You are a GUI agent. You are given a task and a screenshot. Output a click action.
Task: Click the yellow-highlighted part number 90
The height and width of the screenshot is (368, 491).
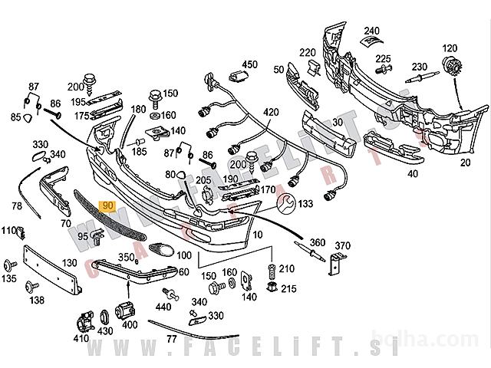click(x=107, y=205)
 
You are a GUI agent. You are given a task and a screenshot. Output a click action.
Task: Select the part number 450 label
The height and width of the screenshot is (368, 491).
click(x=251, y=64)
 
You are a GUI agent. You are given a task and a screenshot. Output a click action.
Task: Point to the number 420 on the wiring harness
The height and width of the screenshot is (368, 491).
click(x=272, y=112)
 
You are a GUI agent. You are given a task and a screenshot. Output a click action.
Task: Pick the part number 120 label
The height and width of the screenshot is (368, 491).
click(x=450, y=48)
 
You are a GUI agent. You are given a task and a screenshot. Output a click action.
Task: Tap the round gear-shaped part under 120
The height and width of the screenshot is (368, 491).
click(x=450, y=67)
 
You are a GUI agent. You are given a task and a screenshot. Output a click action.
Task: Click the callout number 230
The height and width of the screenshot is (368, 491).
click(x=419, y=66)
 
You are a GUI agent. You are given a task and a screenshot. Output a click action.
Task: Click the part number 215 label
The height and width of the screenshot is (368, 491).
click(x=288, y=288)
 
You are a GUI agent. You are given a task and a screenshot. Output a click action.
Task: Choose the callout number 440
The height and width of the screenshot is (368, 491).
click(x=163, y=307)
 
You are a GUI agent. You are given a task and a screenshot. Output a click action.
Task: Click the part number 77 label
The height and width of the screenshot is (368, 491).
click(x=171, y=337)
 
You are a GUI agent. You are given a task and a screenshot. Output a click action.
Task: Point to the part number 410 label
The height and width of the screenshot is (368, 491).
click(x=81, y=337)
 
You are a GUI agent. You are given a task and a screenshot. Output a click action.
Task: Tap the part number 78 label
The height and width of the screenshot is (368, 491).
click(x=17, y=205)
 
